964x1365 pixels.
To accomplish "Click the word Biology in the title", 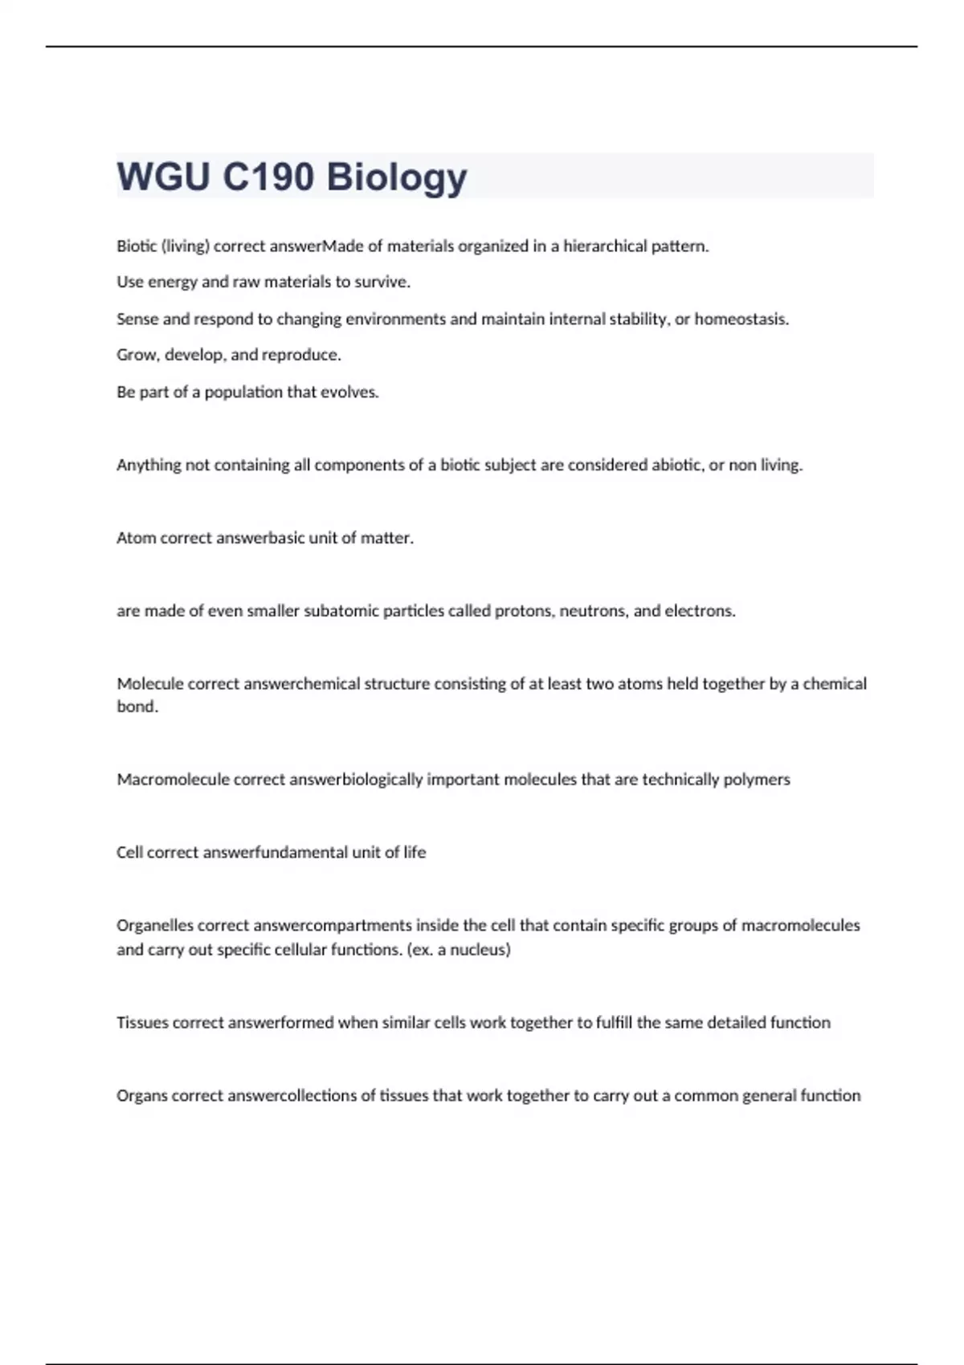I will [397, 177].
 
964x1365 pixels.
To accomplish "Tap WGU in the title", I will [164, 177].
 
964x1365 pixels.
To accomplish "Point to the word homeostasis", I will [741, 320].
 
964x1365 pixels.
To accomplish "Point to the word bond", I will [137, 707].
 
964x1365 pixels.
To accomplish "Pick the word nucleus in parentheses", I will [478, 951].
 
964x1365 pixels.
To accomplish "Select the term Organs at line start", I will [141, 1097].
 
